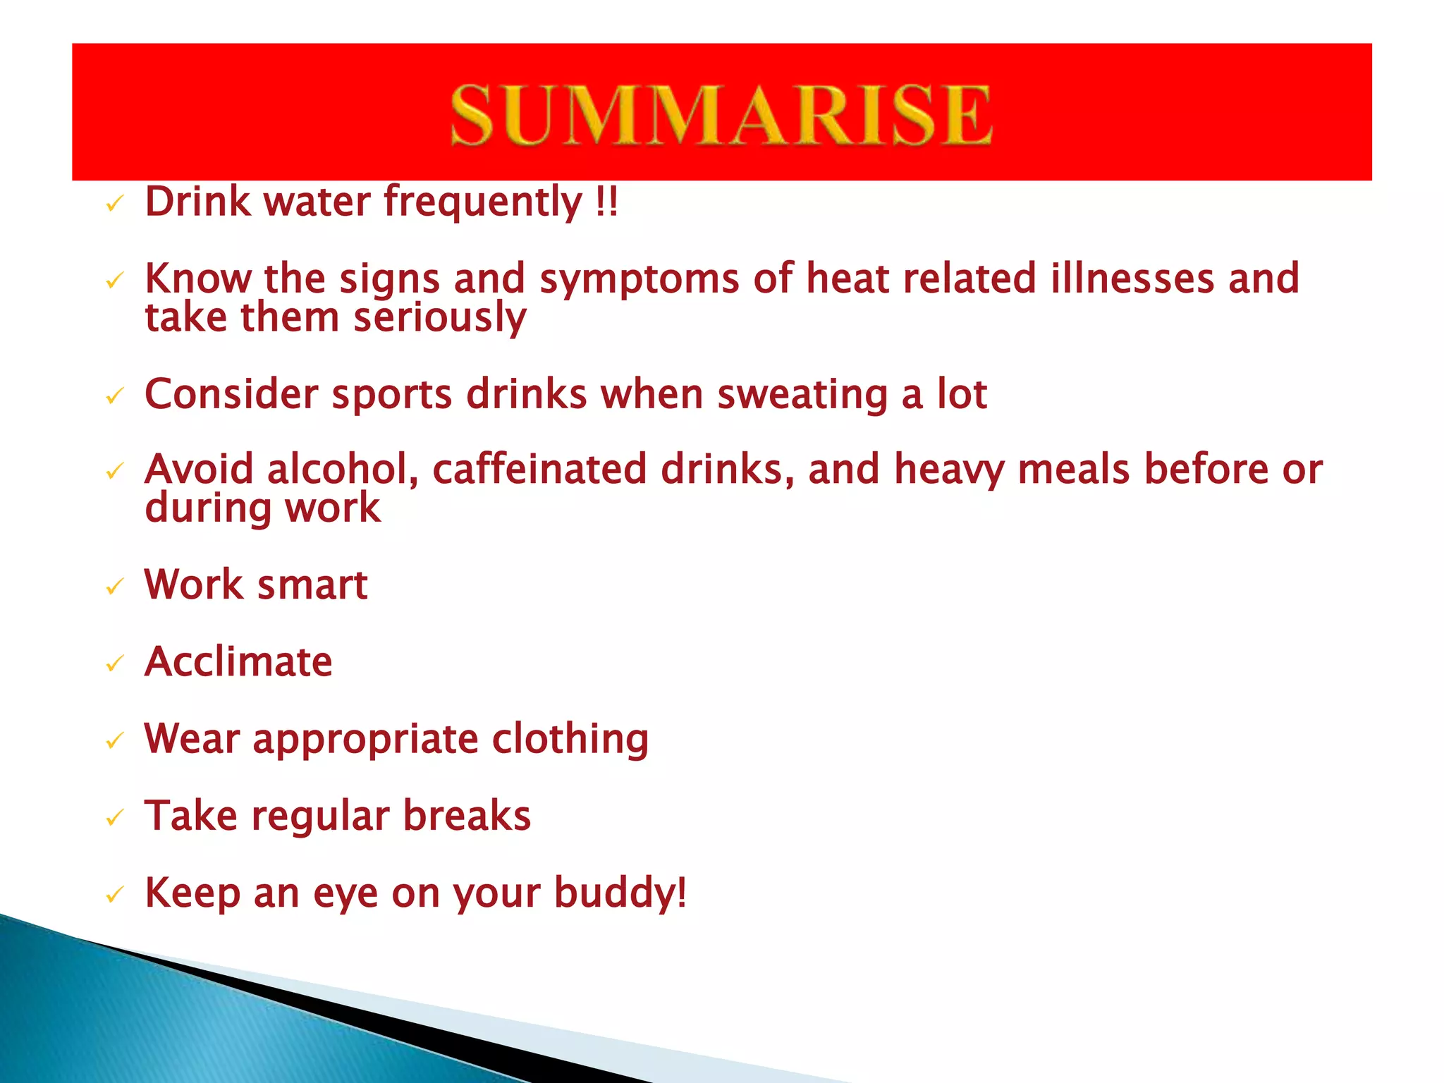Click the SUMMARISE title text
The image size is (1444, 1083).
point(721,114)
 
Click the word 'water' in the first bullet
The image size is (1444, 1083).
point(317,202)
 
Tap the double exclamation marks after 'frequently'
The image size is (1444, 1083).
point(606,202)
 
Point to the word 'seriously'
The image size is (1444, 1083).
point(440,318)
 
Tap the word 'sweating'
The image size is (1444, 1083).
point(802,396)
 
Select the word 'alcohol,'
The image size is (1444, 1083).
point(343,470)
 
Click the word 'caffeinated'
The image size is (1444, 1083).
point(539,470)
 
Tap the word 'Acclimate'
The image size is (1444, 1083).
point(238,662)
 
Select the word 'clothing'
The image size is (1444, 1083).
point(570,740)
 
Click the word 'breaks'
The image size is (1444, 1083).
point(467,816)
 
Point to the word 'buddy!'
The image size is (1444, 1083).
point(620,894)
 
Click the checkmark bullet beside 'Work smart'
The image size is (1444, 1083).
point(114,587)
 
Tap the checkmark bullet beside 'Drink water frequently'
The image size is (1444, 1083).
point(114,204)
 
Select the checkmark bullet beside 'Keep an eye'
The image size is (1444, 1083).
point(114,895)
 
